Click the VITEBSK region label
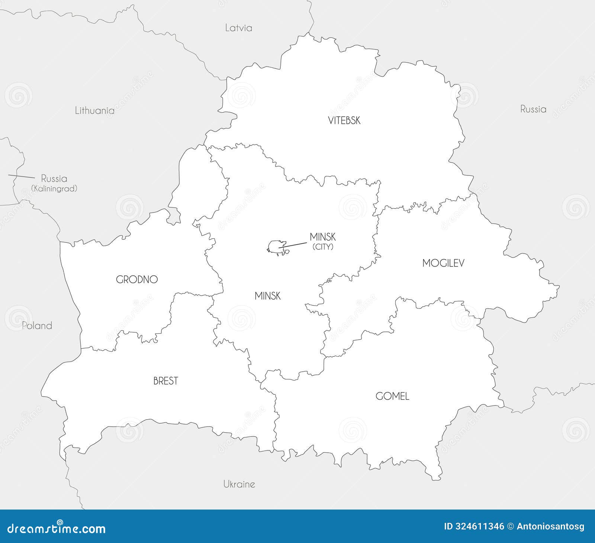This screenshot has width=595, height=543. coord(344,120)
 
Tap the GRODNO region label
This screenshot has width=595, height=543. coord(137,279)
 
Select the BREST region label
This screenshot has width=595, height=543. coord(165,381)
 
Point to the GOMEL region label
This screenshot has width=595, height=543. coord(392,396)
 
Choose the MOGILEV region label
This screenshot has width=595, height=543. coord(443,264)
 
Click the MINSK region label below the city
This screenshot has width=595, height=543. coord(267,296)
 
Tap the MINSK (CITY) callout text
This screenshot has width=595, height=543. coord(322,241)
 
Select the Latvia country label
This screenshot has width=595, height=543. coord(239,28)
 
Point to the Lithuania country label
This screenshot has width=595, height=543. coord(94,110)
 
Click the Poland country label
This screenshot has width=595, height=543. coord(37,326)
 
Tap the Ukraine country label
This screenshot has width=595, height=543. coord(239,484)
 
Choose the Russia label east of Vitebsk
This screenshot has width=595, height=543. coord(533,109)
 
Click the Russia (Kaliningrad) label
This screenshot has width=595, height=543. coord(54,183)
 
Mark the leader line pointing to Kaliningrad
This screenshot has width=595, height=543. coord(22,176)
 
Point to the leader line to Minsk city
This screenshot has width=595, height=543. coord(294,244)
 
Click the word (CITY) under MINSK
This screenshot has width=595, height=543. coord(322,246)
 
